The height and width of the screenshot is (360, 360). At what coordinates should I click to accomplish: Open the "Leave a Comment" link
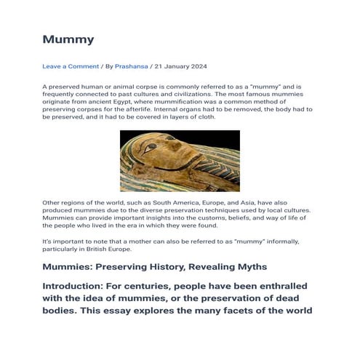[x=71, y=66]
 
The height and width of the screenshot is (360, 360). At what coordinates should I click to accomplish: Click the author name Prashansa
[x=132, y=66]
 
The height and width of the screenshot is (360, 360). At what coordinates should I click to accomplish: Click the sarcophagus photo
[x=179, y=161]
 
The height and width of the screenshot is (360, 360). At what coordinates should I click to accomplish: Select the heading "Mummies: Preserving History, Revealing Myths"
[x=154, y=267]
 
